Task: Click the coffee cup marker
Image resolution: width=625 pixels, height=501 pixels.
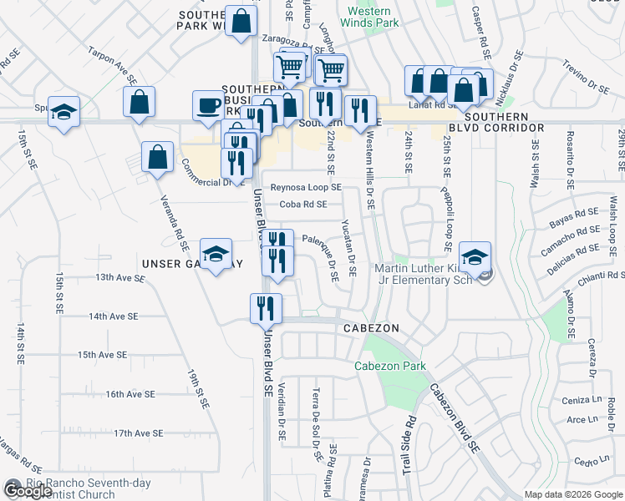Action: [x=208, y=105]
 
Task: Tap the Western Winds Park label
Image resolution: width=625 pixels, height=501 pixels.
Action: [x=371, y=18]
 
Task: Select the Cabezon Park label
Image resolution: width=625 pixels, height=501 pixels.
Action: [x=390, y=366]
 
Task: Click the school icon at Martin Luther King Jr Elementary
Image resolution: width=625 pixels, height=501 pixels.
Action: [x=475, y=257]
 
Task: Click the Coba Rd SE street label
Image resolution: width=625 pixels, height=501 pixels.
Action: [x=302, y=204]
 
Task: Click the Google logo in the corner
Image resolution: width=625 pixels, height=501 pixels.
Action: [x=28, y=491]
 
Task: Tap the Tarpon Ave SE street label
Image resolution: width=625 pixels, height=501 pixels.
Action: [x=113, y=65]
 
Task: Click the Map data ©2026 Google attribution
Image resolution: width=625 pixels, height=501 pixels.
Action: [x=572, y=494]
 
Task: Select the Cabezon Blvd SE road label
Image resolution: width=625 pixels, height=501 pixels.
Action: [x=455, y=417]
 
